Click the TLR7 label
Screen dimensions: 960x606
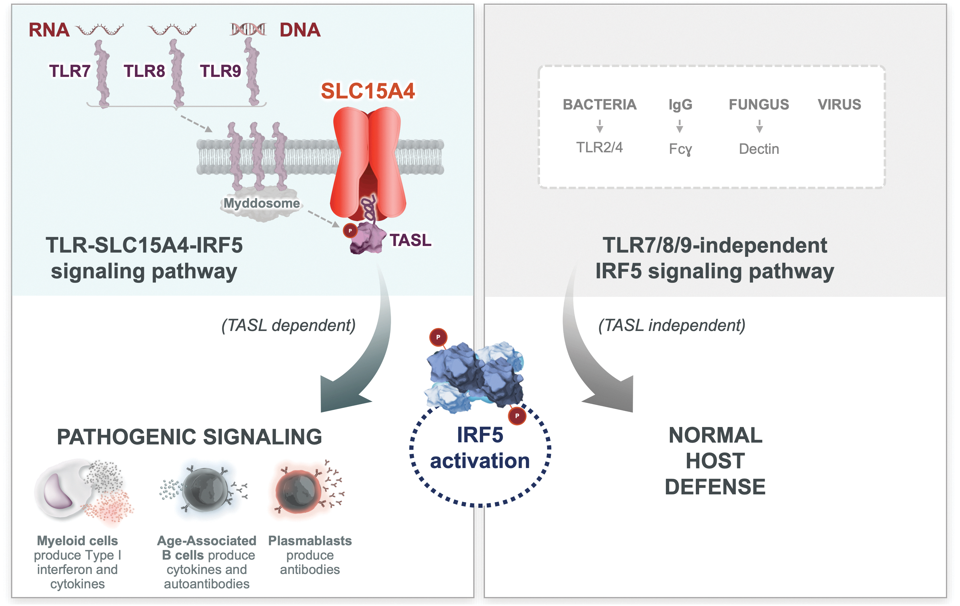70,71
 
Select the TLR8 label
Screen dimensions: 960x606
144,71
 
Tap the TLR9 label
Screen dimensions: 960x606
220,71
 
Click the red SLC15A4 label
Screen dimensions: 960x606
368,91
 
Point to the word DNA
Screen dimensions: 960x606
300,30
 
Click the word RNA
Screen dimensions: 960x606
49,30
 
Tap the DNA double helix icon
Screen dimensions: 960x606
248,29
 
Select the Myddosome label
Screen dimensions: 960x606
261,203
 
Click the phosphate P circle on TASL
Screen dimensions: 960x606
350,231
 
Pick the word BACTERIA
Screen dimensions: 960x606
600,104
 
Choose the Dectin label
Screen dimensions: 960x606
759,149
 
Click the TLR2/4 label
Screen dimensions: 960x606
599,148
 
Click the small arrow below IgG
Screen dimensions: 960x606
680,126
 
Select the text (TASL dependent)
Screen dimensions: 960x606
288,325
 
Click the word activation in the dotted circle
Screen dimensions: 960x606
480,461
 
